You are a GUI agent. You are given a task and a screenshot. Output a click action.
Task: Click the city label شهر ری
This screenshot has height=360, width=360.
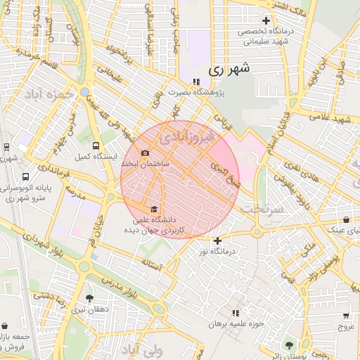229,69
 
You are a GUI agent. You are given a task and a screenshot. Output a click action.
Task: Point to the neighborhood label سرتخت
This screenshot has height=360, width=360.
260,210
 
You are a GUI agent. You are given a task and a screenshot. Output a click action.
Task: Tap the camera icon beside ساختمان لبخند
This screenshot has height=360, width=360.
146,153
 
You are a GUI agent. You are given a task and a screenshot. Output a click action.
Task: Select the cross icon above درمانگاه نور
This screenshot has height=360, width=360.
218,240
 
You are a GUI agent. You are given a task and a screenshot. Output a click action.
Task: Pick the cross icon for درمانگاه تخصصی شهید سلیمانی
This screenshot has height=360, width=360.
265,20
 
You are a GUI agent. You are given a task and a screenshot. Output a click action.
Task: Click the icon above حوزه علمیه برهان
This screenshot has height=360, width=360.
236,312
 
